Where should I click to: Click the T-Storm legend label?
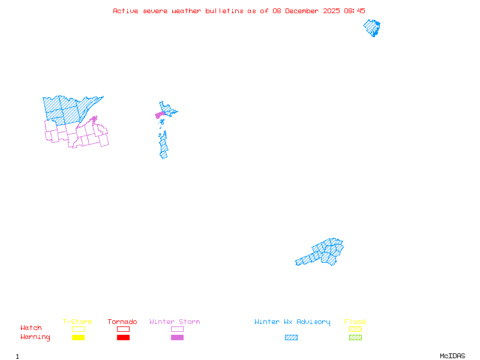click(x=77, y=322)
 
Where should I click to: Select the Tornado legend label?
click(x=122, y=322)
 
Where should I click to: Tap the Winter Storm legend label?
click(x=175, y=322)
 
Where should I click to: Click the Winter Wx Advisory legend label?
click(x=292, y=322)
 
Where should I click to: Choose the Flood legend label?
click(x=355, y=322)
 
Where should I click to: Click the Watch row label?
click(x=31, y=328)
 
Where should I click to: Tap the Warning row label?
click(x=35, y=337)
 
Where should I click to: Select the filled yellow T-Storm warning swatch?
click(x=78, y=338)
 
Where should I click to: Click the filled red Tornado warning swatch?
click(x=123, y=338)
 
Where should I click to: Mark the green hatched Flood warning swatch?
click(x=355, y=338)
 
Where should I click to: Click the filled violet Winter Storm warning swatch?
click(x=177, y=338)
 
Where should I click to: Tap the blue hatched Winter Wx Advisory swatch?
click(x=291, y=338)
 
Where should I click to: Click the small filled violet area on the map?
click(x=160, y=115)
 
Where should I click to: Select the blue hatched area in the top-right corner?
click(x=373, y=28)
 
